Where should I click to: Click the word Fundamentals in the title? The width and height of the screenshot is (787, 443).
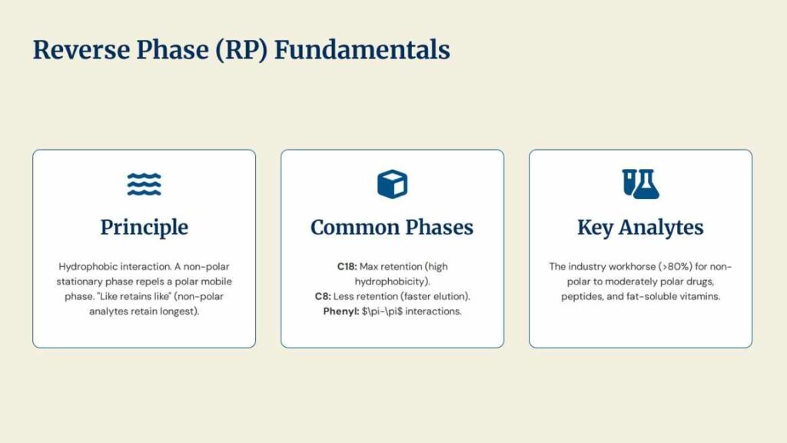tap(362, 50)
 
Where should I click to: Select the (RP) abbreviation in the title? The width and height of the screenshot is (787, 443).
tap(241, 50)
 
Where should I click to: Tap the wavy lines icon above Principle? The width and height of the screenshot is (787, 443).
tap(144, 185)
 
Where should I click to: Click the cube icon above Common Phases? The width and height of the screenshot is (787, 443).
tap(393, 185)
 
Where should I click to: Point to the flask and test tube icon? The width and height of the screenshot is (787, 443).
tap(640, 185)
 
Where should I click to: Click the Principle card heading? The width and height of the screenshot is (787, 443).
tap(144, 227)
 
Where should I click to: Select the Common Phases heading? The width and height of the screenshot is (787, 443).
tap(392, 227)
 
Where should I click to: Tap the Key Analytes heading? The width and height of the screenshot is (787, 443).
tap(640, 227)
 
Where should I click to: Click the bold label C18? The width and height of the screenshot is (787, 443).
tap(347, 267)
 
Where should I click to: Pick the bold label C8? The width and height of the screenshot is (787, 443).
tap(323, 296)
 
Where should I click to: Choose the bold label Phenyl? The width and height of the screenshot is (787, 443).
tap(340, 311)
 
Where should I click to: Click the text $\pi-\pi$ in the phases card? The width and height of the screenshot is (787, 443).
tap(383, 311)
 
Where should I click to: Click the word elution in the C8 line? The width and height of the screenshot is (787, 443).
tap(450, 296)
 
